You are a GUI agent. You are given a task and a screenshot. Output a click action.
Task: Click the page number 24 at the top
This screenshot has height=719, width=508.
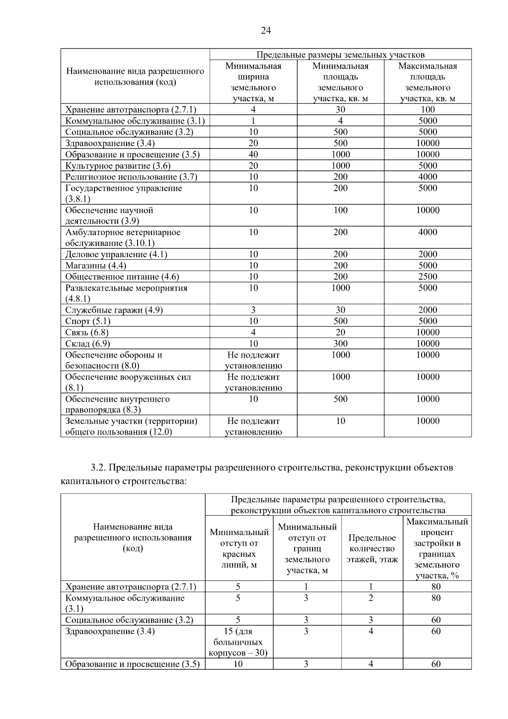point(266,31)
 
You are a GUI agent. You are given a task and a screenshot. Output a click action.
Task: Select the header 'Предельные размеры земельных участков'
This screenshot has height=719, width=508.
point(340,55)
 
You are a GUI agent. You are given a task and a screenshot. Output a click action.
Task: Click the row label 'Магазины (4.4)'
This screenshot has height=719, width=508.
point(96,266)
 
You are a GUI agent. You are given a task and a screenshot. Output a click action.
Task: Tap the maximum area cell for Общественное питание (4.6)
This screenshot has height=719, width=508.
point(428,277)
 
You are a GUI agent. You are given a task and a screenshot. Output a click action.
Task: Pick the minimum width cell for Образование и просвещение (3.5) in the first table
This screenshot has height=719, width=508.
point(253,155)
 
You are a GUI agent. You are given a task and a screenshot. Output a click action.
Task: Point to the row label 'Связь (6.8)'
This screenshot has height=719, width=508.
point(87,333)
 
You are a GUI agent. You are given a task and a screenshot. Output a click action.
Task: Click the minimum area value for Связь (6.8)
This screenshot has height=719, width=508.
point(340,333)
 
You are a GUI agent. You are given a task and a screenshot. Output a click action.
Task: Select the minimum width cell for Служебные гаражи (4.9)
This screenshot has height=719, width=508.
point(253,310)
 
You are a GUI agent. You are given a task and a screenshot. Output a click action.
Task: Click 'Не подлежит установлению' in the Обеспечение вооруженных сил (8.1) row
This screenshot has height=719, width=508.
point(253,382)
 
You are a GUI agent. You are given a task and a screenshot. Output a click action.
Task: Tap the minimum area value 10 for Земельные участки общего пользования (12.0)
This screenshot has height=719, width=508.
point(340,421)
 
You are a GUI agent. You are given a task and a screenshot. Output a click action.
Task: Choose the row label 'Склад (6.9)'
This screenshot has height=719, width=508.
point(88,344)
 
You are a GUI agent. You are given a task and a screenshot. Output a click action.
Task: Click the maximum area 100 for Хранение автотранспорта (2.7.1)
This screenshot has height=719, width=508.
point(428,110)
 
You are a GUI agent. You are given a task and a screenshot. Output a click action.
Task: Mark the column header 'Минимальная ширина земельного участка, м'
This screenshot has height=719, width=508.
point(253,82)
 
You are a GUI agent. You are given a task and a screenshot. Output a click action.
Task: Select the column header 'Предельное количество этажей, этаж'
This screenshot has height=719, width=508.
point(372,548)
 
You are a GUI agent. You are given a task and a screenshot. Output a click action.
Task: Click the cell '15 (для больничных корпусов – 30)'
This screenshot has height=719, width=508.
point(238,642)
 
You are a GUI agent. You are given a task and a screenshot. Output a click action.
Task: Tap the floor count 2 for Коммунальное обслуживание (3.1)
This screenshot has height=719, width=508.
point(371,598)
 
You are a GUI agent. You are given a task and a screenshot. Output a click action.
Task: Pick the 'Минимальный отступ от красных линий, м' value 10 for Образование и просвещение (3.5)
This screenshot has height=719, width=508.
point(238,664)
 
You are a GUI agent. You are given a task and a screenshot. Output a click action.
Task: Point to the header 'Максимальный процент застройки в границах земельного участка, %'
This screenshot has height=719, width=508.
point(437,548)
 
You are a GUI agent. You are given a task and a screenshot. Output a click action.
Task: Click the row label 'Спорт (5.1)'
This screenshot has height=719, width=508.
point(88,321)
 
